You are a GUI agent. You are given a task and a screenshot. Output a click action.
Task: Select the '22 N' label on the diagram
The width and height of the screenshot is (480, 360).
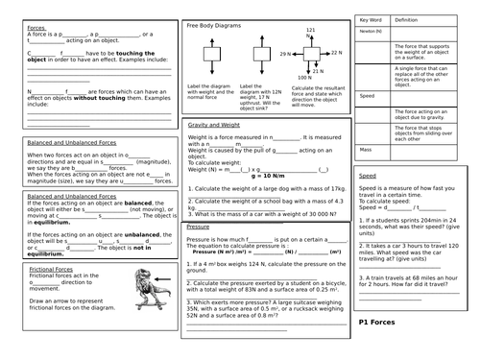(x=336, y=55)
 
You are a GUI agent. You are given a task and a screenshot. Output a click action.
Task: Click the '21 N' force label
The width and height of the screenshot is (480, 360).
(x=308, y=32)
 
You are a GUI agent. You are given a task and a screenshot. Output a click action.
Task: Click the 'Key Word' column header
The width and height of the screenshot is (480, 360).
(x=372, y=19)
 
